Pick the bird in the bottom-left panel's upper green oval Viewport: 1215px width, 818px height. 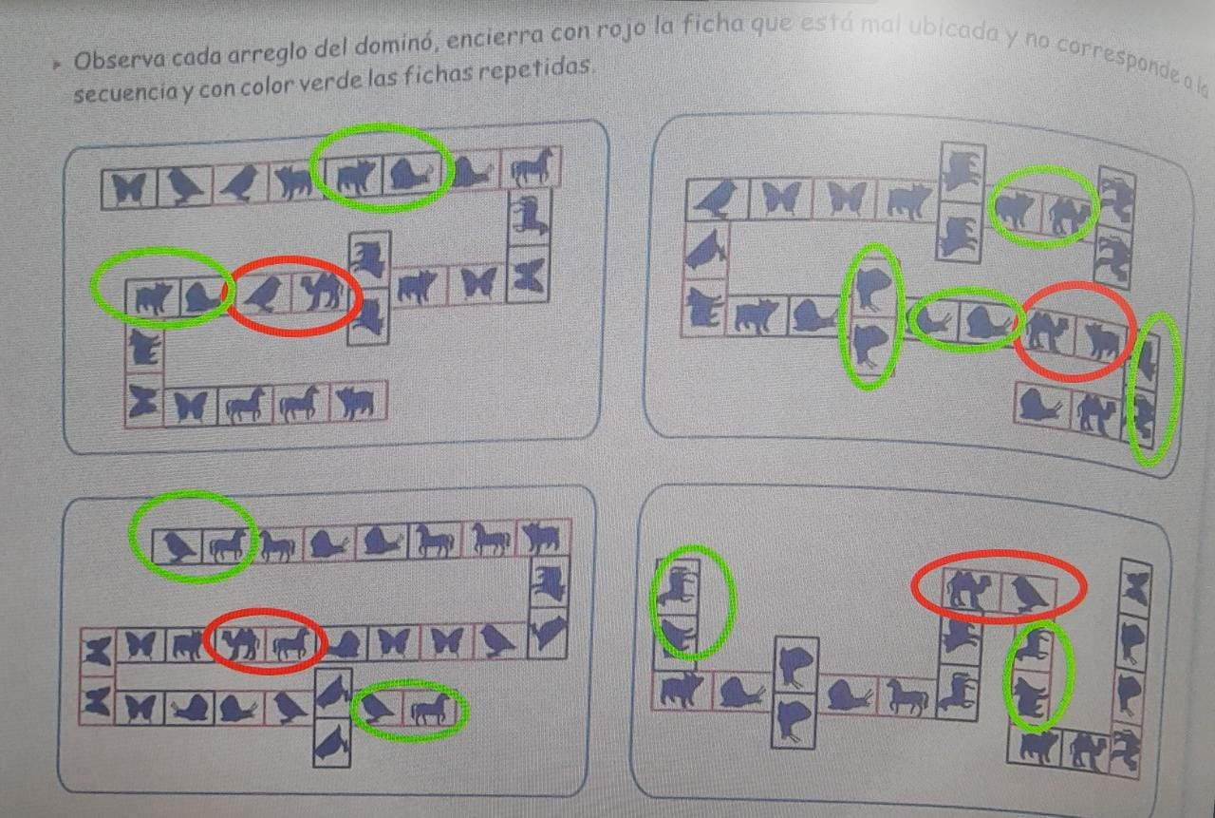tap(177, 544)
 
